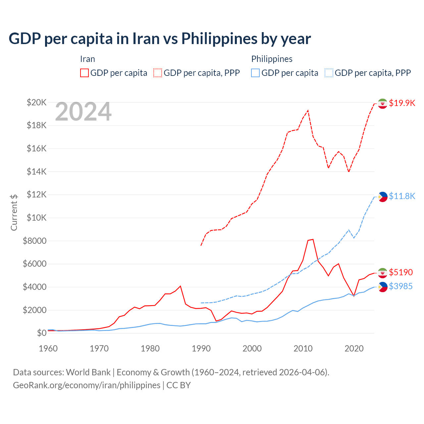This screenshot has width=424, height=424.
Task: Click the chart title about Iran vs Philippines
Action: tap(160, 39)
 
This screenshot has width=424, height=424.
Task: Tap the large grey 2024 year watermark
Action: tap(83, 112)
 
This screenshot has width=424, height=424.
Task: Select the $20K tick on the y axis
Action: tap(37, 102)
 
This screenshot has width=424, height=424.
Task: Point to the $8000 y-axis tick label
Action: tap(34, 241)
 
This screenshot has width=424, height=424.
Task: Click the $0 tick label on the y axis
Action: tap(41, 333)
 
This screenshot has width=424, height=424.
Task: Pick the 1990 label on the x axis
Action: tap(201, 348)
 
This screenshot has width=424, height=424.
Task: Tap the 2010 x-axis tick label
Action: tap(303, 348)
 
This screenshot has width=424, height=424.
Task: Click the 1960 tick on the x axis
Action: tap(48, 348)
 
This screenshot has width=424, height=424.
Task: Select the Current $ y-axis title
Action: tap(14, 212)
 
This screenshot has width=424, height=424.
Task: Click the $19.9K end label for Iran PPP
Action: tap(402, 103)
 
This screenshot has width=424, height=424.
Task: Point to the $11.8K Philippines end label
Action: tap(402, 196)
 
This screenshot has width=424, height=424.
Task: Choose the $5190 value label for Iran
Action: tap(401, 272)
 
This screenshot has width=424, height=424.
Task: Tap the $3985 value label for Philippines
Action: tap(401, 286)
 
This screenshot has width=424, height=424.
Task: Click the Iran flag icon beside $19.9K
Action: tap(383, 103)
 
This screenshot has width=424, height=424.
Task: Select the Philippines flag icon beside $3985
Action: tap(383, 287)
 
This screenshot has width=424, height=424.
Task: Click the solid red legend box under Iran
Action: tap(84, 73)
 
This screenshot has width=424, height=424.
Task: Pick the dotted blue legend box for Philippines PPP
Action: tap(329, 73)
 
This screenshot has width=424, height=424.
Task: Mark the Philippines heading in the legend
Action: tap(272, 59)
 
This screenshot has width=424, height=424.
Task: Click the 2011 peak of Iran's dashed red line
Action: tap(308, 111)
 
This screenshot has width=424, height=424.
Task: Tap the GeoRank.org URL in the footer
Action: tap(86, 385)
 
